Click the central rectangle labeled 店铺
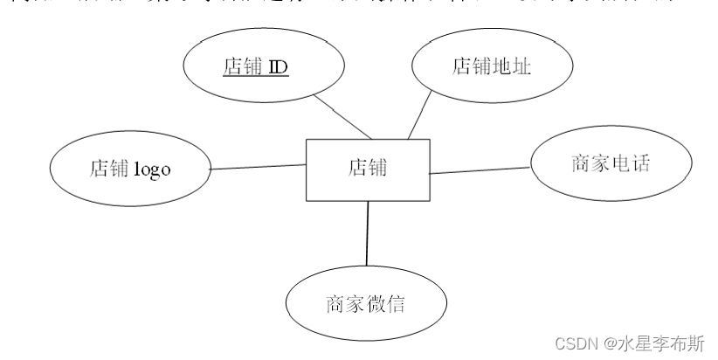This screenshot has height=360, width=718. click(368, 170)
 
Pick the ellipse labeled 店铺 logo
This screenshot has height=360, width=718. click(130, 170)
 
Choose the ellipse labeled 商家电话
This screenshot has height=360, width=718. click(611, 164)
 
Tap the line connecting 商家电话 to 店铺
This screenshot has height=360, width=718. click(480, 169)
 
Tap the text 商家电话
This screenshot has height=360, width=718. click(611, 164)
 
